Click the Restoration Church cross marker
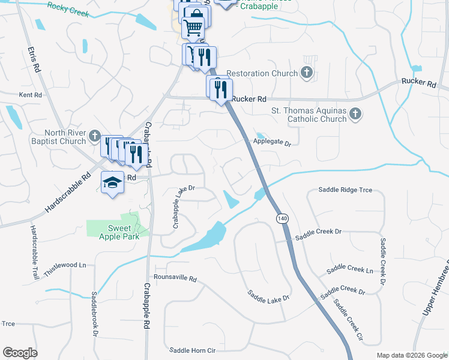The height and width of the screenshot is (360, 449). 307,73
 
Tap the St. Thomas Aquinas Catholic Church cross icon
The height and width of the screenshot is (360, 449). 355,113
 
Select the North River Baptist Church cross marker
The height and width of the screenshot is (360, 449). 95,137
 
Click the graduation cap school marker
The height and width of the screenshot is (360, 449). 112,182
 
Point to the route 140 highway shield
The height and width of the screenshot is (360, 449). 282,218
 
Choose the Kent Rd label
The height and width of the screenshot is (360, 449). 31,95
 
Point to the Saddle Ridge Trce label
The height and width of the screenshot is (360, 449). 345,190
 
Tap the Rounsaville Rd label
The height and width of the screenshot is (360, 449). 175,279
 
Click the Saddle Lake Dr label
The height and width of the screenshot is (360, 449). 270,296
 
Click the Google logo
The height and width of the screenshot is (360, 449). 20,353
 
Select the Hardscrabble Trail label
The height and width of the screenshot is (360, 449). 34,251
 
